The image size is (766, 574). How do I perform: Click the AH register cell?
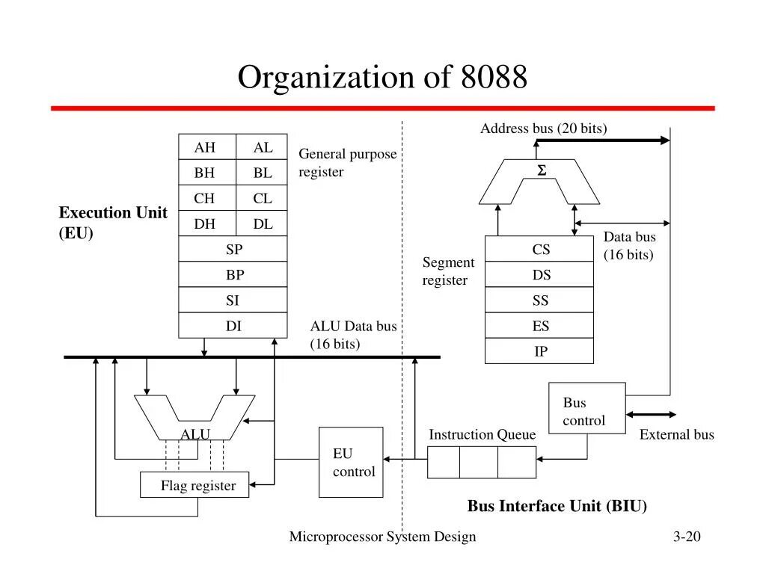(206, 148)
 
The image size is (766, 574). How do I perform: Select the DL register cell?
(262, 224)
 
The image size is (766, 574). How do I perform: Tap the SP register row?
(233, 250)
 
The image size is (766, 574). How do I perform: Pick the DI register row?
(233, 326)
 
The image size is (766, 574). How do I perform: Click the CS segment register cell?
(539, 250)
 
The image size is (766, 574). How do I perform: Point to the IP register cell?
(539, 351)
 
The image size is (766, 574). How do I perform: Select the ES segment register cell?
(539, 326)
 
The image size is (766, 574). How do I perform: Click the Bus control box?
(586, 408)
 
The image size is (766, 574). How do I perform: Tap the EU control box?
(351, 462)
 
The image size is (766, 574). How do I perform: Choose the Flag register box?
(194, 486)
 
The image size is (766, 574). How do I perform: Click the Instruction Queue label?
(482, 435)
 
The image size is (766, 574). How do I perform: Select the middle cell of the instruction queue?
(479, 462)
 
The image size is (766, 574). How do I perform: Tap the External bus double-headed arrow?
(651, 415)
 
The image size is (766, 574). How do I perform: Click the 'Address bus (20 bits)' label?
(543, 129)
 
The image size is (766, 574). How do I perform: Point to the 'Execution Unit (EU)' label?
(113, 223)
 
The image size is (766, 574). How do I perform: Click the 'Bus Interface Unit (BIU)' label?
(557, 506)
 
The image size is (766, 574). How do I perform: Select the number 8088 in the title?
(489, 78)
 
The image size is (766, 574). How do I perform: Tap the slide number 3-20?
(686, 537)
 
